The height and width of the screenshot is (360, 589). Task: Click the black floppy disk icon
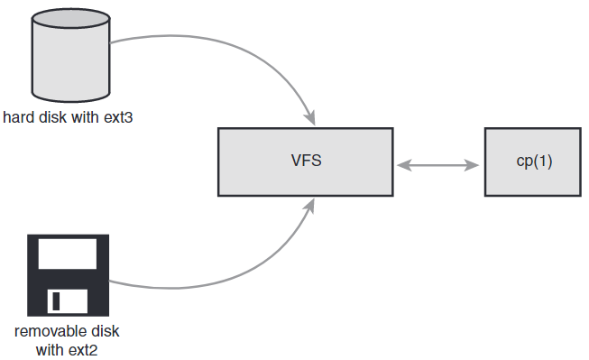coord(68,275)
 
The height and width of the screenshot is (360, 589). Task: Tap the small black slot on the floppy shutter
coord(56,300)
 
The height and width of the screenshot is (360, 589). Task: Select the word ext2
coord(82,349)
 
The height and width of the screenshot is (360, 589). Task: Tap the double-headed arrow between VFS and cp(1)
coord(438,165)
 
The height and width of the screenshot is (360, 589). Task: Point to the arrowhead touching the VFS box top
coord(310,118)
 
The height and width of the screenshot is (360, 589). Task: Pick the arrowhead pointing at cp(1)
coord(474,165)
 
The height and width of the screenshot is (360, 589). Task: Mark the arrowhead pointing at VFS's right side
coord(404,165)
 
